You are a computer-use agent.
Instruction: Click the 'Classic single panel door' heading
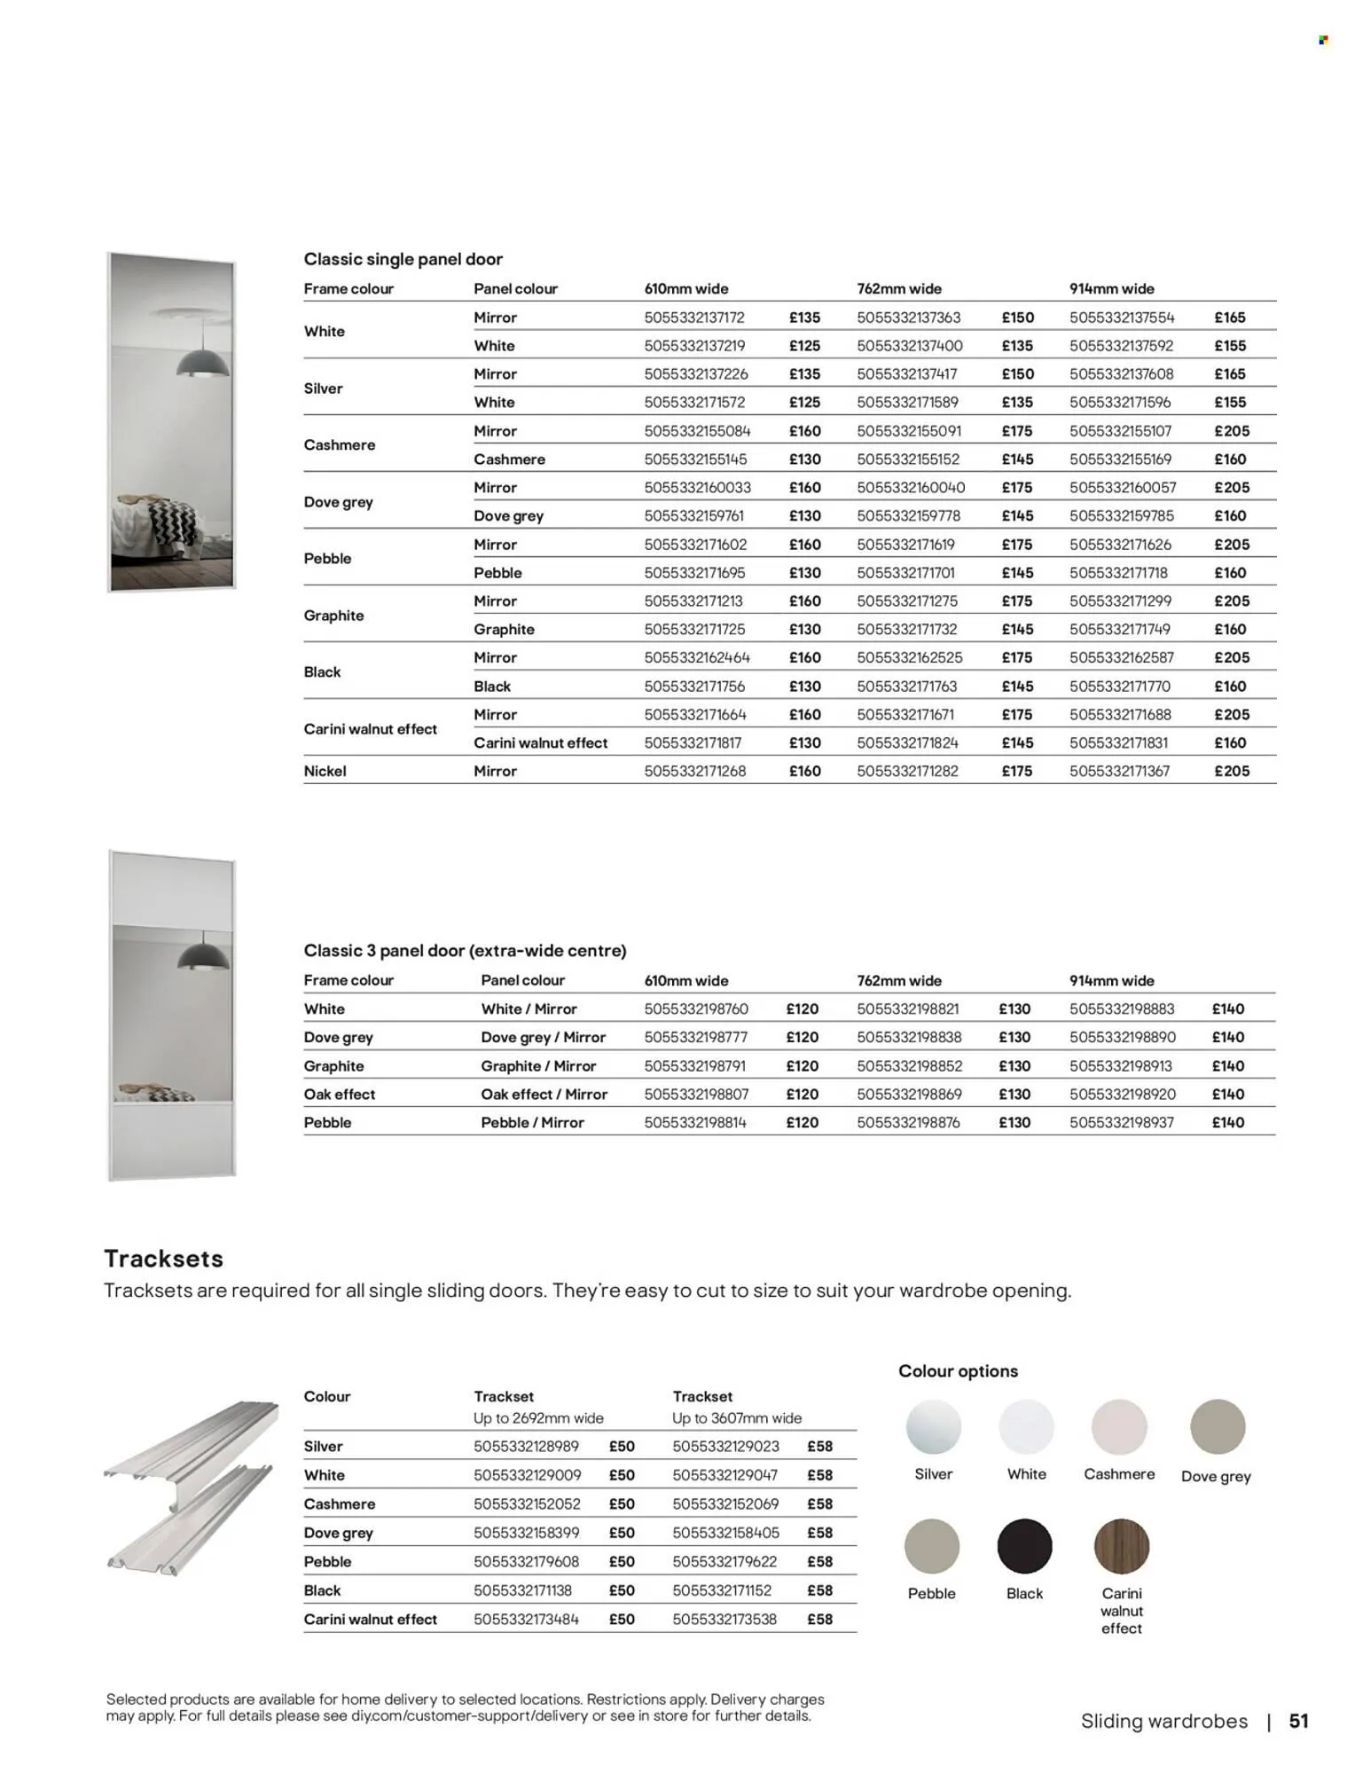click(403, 259)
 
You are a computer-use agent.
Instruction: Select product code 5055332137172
click(694, 318)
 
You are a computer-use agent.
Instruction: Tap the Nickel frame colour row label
click(325, 771)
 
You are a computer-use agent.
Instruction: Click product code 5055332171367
click(1119, 771)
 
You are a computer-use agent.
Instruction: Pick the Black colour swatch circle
click(1024, 1546)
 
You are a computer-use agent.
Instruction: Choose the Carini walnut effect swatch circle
click(1121, 1546)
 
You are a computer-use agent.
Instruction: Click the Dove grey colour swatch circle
click(1217, 1427)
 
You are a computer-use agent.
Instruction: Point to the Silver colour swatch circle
click(933, 1427)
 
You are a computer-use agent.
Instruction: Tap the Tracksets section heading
click(163, 1259)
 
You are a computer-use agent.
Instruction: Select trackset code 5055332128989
click(526, 1446)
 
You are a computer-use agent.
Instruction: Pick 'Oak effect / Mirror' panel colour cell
click(544, 1094)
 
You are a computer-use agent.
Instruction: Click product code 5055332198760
click(696, 1009)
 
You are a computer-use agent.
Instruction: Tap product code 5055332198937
click(1121, 1122)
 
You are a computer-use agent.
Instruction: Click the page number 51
click(1298, 1721)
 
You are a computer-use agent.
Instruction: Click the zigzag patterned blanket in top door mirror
click(168, 523)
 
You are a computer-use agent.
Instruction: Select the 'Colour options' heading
click(958, 1370)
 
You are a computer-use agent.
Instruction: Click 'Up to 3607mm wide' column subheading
click(736, 1417)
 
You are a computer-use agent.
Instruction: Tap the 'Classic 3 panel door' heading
click(465, 950)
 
